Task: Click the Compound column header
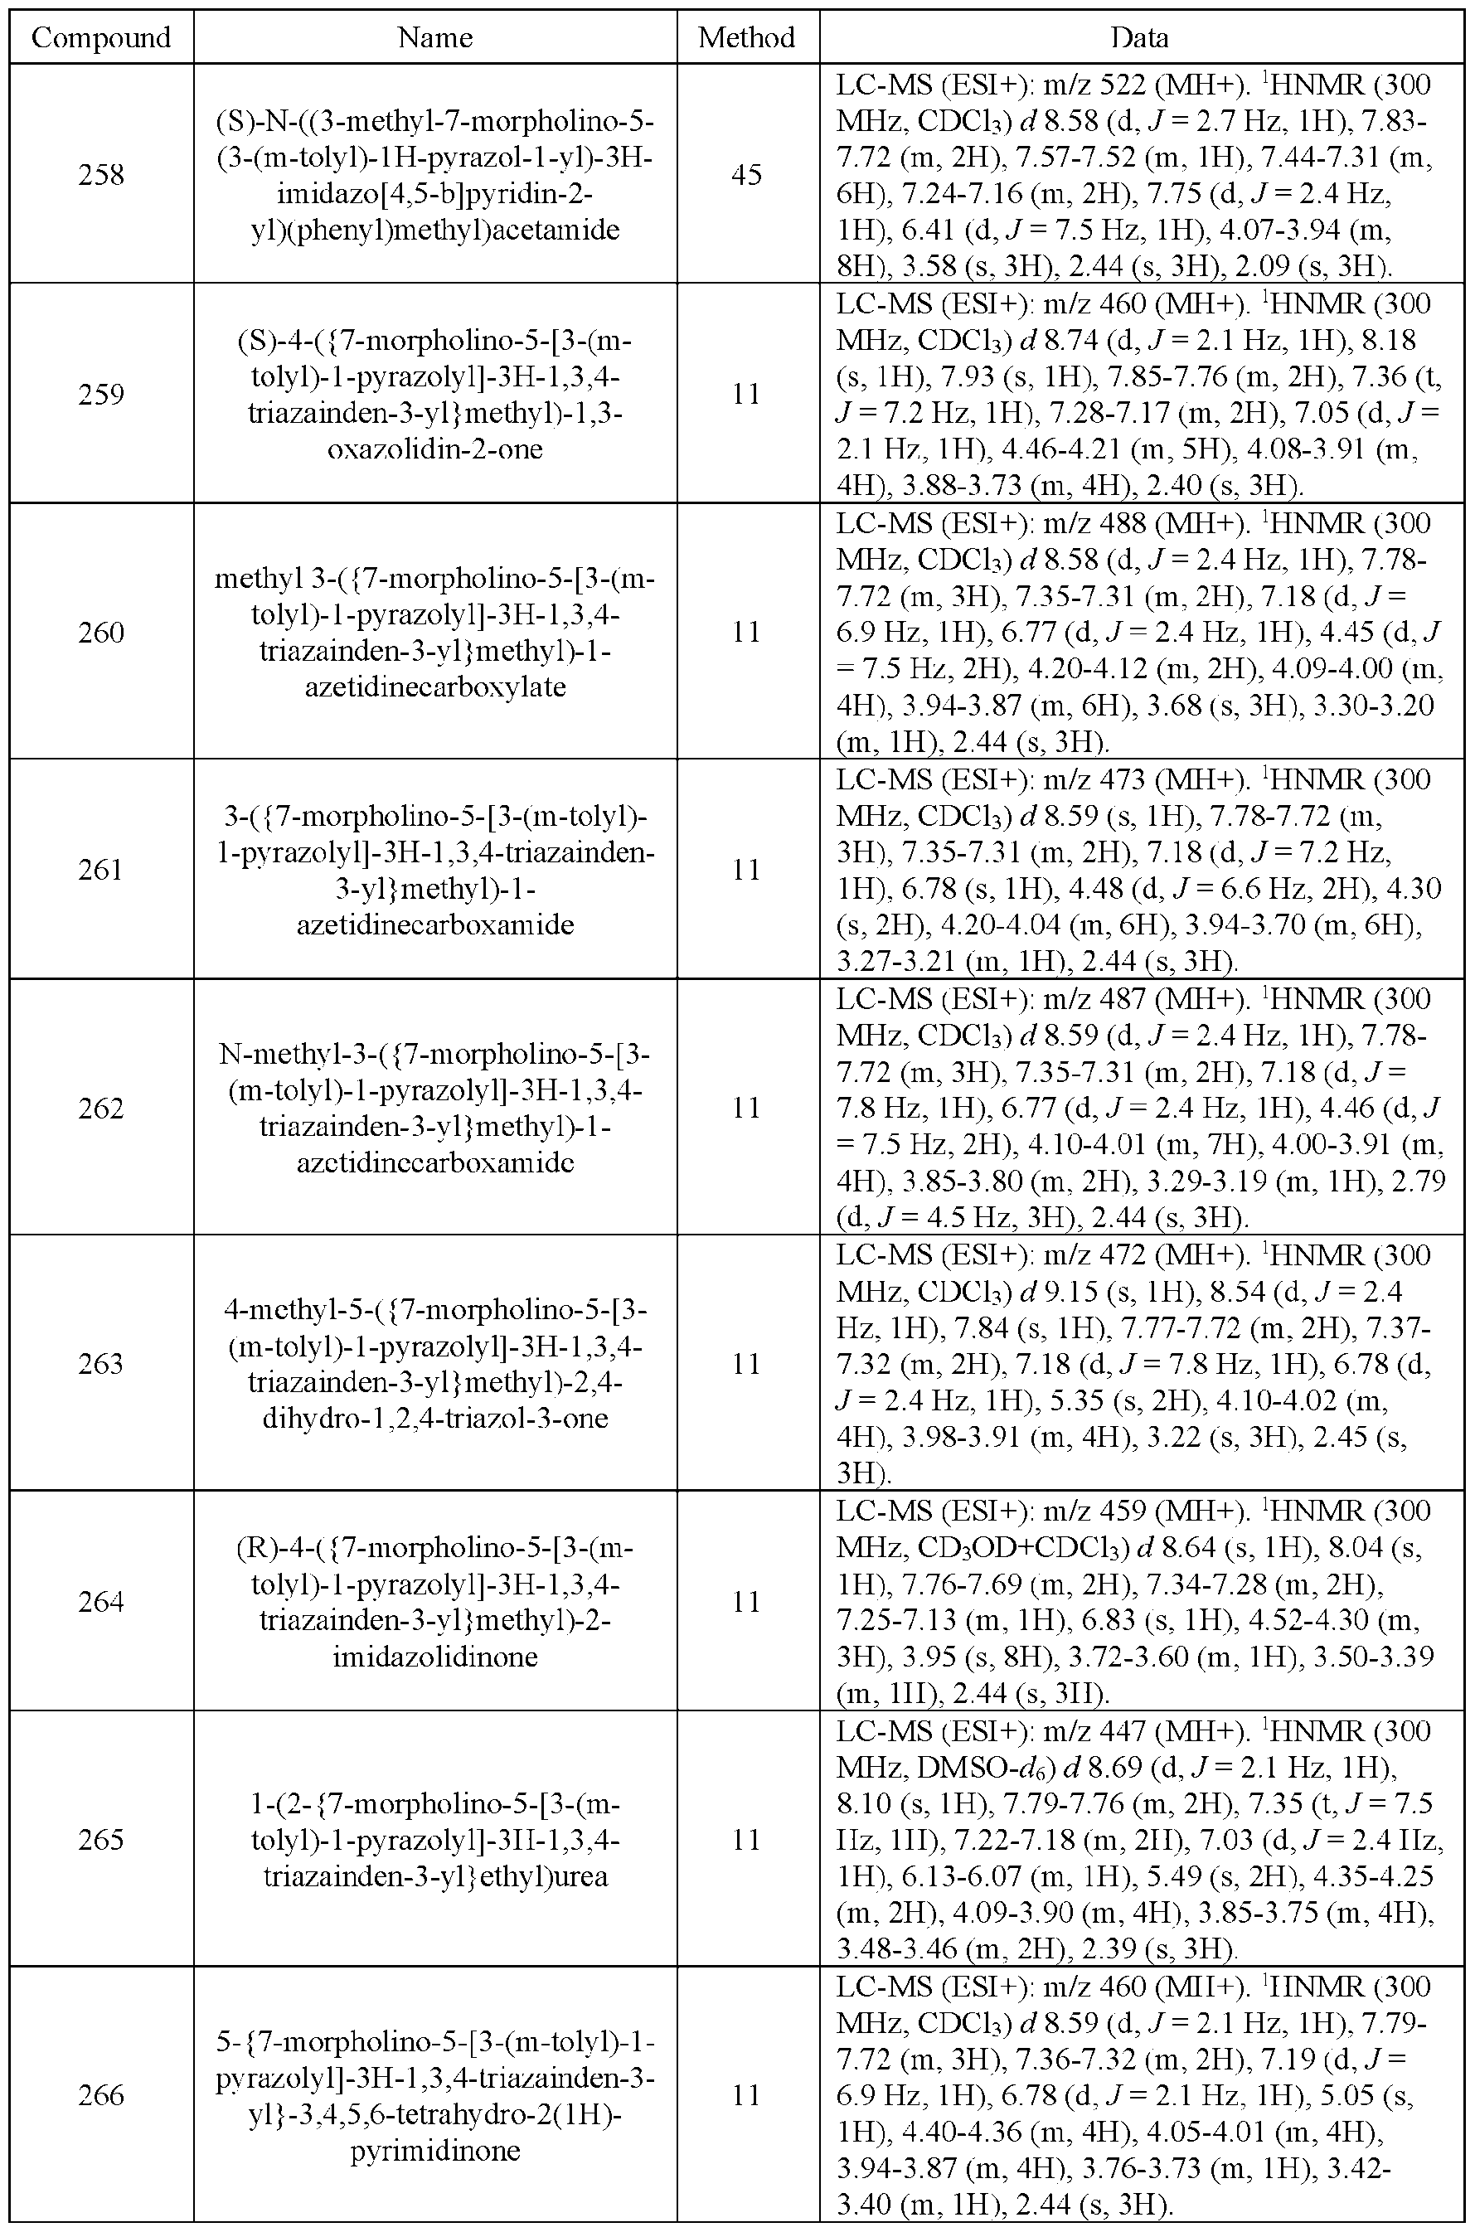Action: [100, 37]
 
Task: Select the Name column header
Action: [434, 37]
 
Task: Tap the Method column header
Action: [747, 37]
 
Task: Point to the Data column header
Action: [1139, 37]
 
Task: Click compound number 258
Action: [100, 175]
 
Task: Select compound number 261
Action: [100, 869]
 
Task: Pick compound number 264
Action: [100, 1601]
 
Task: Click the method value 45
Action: [747, 175]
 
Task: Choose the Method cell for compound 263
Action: [747, 1363]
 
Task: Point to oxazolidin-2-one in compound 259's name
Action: [434, 449]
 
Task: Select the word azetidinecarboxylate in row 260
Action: [434, 687]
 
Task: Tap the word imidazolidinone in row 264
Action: [434, 1656]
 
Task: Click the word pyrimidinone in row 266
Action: [434, 2150]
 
